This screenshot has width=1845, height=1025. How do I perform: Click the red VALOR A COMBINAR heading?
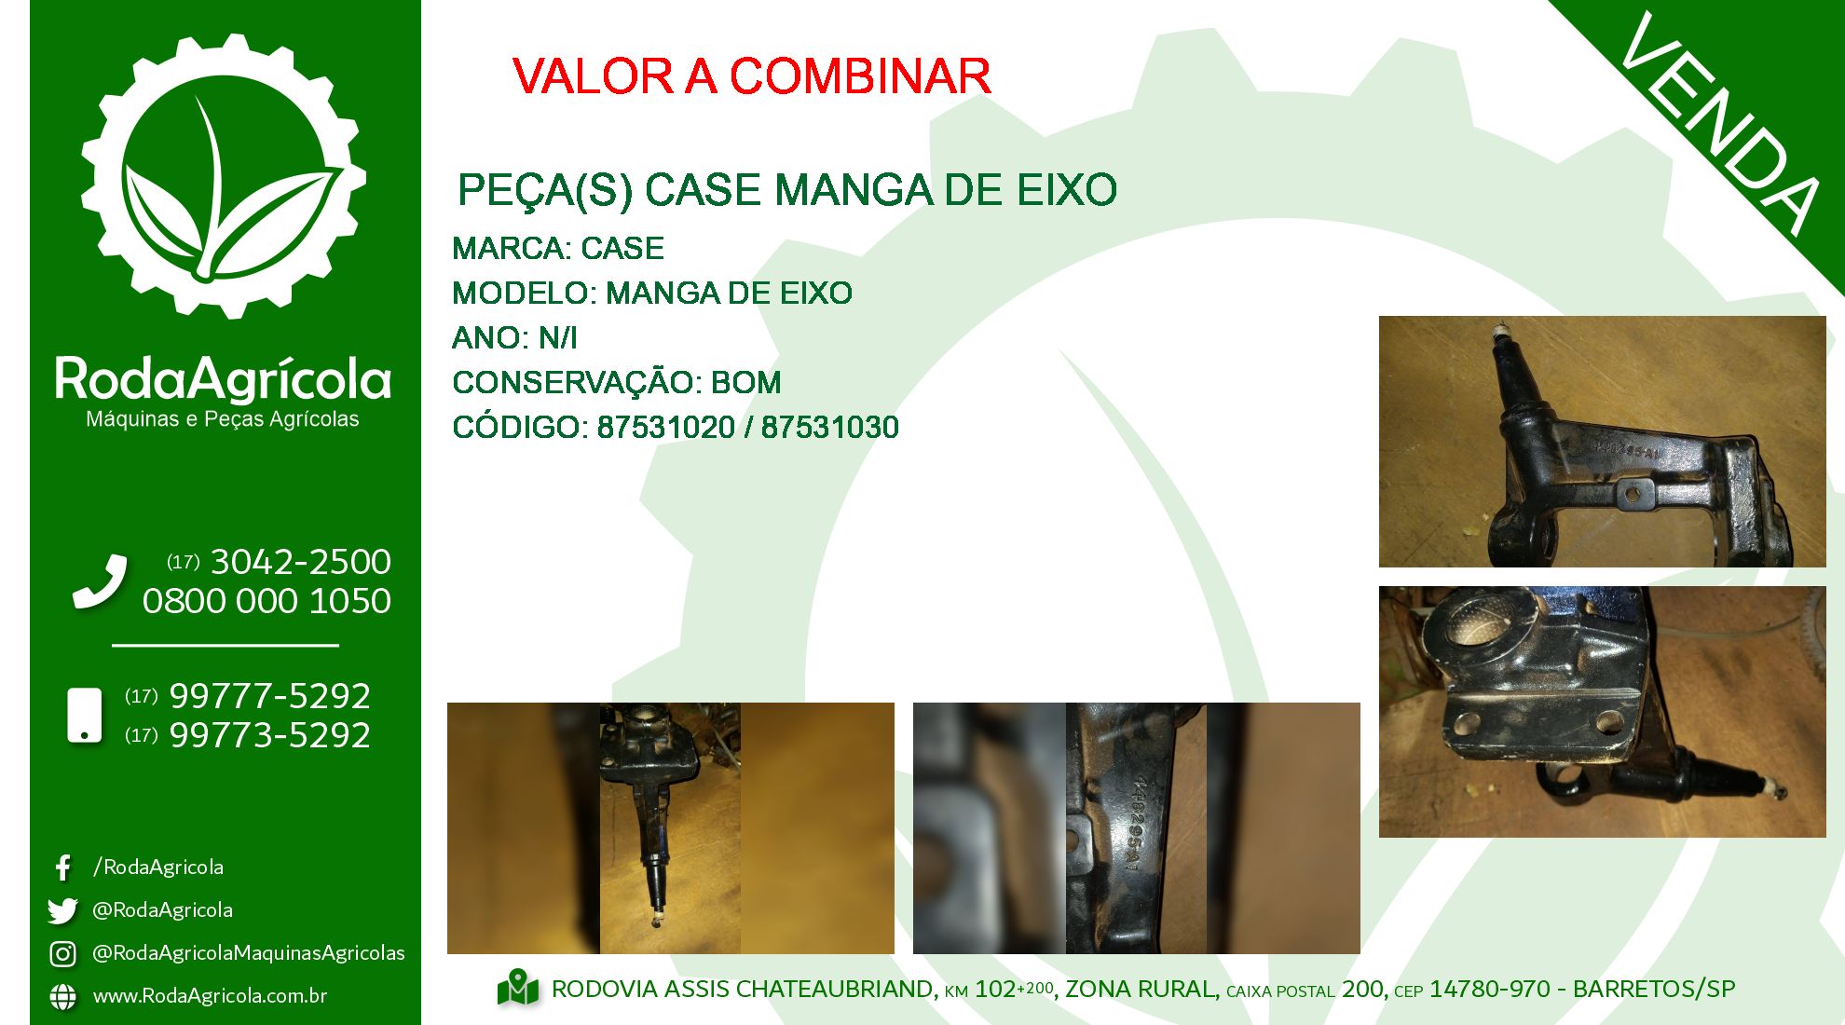(x=751, y=76)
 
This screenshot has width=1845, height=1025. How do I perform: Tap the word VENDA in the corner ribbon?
(x=1720, y=123)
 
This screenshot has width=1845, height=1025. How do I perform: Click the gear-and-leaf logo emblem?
(x=224, y=176)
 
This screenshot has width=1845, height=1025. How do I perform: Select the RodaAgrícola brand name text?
(x=223, y=379)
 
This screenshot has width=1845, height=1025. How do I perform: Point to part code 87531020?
(x=666, y=428)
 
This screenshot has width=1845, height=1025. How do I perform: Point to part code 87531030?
(x=830, y=428)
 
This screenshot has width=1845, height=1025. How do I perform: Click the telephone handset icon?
(x=100, y=581)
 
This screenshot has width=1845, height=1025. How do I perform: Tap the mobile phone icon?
(x=85, y=716)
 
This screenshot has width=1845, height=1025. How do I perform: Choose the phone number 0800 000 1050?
(x=266, y=602)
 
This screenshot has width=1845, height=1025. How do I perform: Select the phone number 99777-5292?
(x=269, y=696)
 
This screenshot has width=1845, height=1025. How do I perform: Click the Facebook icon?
(x=62, y=868)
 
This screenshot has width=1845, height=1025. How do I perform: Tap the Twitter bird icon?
(x=62, y=910)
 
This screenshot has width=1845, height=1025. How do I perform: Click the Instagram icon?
(x=62, y=953)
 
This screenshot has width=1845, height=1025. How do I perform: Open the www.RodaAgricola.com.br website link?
(x=210, y=996)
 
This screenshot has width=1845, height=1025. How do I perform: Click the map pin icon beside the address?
(x=518, y=988)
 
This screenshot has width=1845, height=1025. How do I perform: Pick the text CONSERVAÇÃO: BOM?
(x=617, y=383)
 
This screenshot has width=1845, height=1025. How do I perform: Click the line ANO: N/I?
(x=514, y=338)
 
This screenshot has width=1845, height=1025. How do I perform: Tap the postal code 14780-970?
(x=1490, y=989)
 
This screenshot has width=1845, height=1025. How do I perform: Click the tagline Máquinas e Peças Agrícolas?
(x=223, y=419)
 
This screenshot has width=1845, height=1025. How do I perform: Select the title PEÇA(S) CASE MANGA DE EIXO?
(x=786, y=191)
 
